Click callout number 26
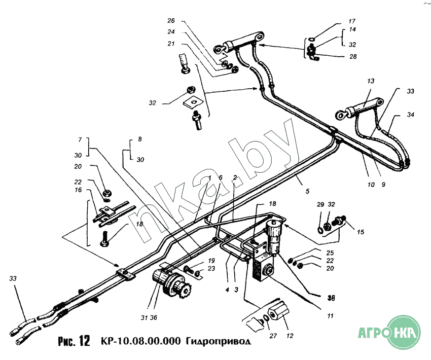171,21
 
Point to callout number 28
353,56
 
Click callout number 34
410,115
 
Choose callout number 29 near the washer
320,204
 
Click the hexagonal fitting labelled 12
278,317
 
